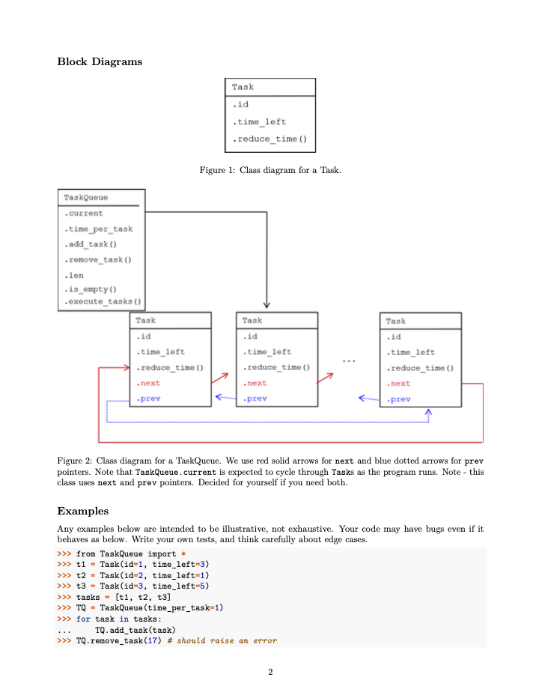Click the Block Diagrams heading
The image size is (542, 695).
[x=100, y=61]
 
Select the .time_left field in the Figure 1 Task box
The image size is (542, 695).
[x=259, y=121]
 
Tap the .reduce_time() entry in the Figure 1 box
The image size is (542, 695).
[x=270, y=139]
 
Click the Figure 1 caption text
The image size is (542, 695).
[x=270, y=171]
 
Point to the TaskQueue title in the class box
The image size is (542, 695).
[x=85, y=198]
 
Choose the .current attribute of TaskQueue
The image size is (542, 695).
[x=84, y=213]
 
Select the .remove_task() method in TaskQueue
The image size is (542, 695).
[x=98, y=260]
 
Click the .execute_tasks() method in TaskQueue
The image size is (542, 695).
[x=103, y=302]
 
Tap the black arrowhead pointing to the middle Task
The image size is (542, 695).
[x=267, y=303]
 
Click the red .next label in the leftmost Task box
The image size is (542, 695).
[x=148, y=383]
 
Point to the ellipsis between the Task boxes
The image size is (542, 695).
[x=349, y=362]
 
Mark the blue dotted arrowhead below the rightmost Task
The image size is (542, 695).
[x=429, y=412]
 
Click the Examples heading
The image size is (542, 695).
[x=83, y=512]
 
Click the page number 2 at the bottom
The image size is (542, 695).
[x=270, y=672]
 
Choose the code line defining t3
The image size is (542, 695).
[x=142, y=586]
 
